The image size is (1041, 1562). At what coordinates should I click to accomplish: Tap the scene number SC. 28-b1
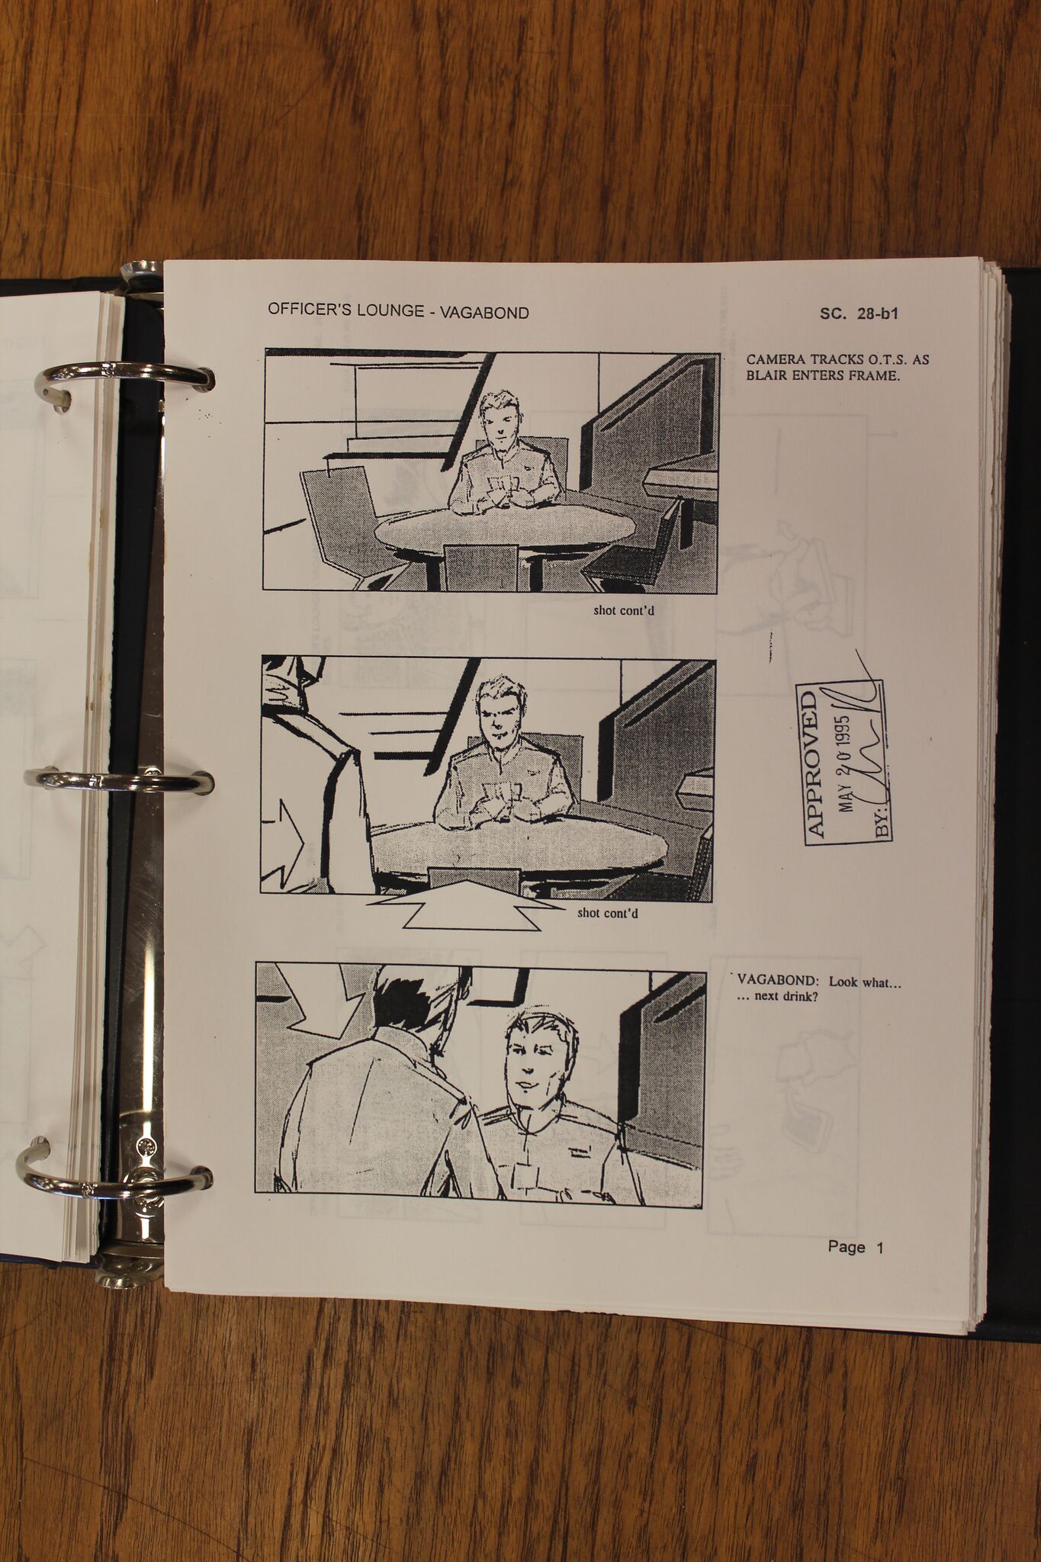click(x=859, y=313)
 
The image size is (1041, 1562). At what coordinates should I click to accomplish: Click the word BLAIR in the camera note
click(x=767, y=375)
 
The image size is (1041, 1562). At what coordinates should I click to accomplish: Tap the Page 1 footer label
click(x=855, y=1247)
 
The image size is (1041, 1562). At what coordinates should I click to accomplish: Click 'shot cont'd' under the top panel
click(x=624, y=610)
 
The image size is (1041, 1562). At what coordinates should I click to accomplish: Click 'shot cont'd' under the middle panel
click(x=608, y=912)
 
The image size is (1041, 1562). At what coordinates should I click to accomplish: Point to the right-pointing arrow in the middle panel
click(x=283, y=844)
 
